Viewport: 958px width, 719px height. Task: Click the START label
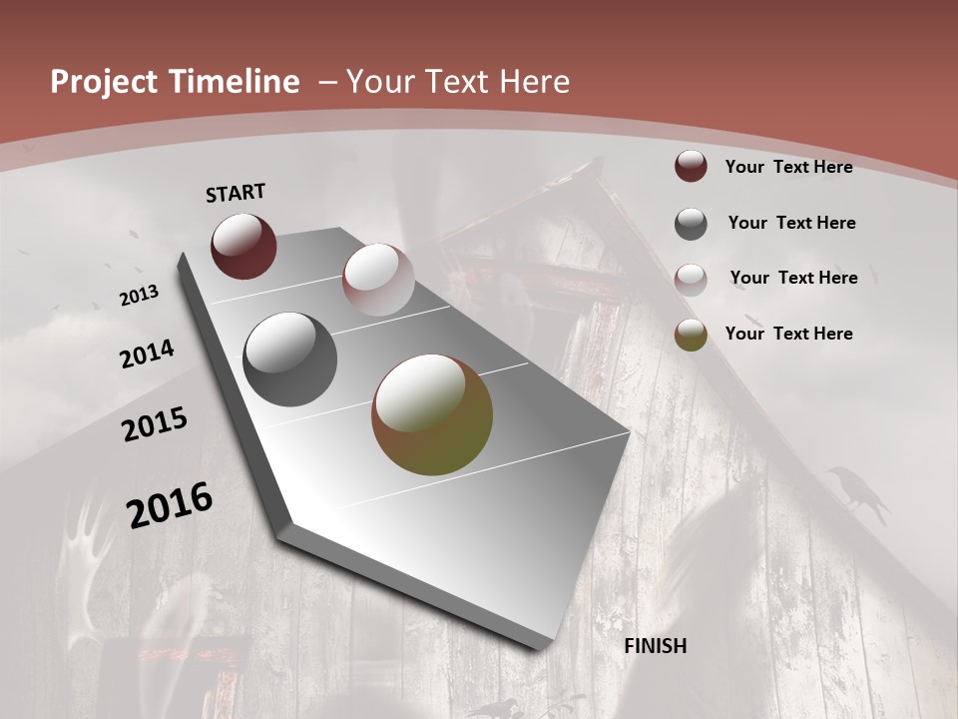pos(236,193)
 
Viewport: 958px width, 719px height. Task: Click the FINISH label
pos(656,646)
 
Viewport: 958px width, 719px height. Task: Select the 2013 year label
pos(139,295)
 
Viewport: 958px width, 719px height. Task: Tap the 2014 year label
pos(147,354)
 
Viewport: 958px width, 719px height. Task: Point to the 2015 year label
pos(155,424)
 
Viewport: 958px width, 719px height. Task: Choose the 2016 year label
pos(170,505)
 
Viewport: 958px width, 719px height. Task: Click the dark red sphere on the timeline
pos(243,246)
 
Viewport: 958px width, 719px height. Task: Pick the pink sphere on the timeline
pos(378,280)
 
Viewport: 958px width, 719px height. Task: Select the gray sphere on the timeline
pos(290,359)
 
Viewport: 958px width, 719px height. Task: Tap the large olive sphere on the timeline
pos(432,414)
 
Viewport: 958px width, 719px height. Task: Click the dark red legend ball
pos(691,167)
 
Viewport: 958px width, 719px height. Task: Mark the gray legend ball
pos(691,223)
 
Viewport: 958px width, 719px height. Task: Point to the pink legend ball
pos(691,279)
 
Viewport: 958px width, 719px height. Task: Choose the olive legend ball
pos(691,335)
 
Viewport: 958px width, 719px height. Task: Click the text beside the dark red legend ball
pos(788,167)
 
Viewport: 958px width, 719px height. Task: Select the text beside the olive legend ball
pos(788,334)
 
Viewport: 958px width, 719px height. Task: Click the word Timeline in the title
pos(239,82)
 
